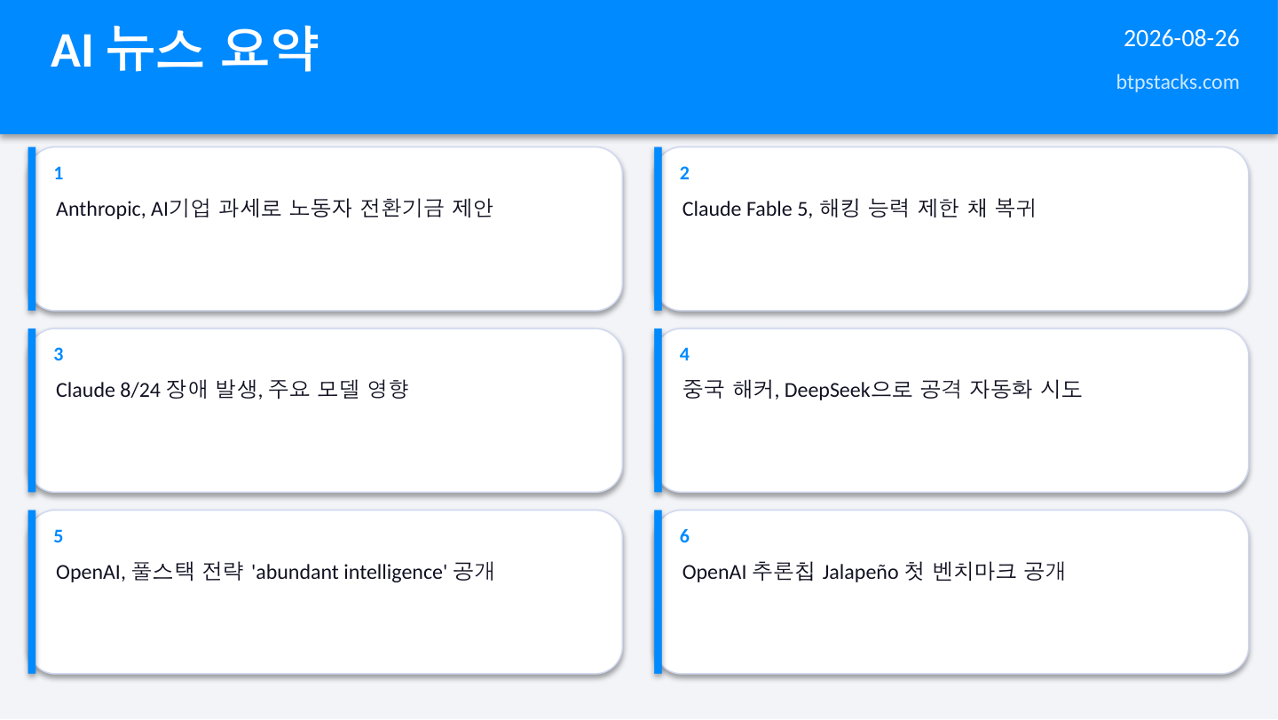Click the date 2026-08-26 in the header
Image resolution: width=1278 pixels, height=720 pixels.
click(x=1181, y=39)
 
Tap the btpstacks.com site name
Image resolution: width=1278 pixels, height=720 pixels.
click(x=1178, y=83)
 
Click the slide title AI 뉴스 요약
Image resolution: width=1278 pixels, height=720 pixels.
click(x=185, y=49)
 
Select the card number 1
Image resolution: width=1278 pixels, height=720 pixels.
click(x=59, y=173)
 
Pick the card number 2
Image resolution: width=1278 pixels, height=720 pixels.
click(x=684, y=173)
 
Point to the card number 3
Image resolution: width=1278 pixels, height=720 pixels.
click(x=59, y=354)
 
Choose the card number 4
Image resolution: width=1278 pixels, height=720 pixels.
click(x=684, y=354)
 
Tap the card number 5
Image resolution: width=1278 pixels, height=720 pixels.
click(x=59, y=536)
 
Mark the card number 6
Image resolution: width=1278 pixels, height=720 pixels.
click(x=684, y=536)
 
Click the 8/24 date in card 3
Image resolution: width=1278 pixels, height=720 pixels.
click(x=140, y=391)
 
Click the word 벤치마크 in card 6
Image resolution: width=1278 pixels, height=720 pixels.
click(x=974, y=571)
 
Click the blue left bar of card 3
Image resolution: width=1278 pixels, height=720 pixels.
click(x=32, y=410)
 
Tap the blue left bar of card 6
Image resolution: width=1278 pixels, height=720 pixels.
click(x=658, y=591)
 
